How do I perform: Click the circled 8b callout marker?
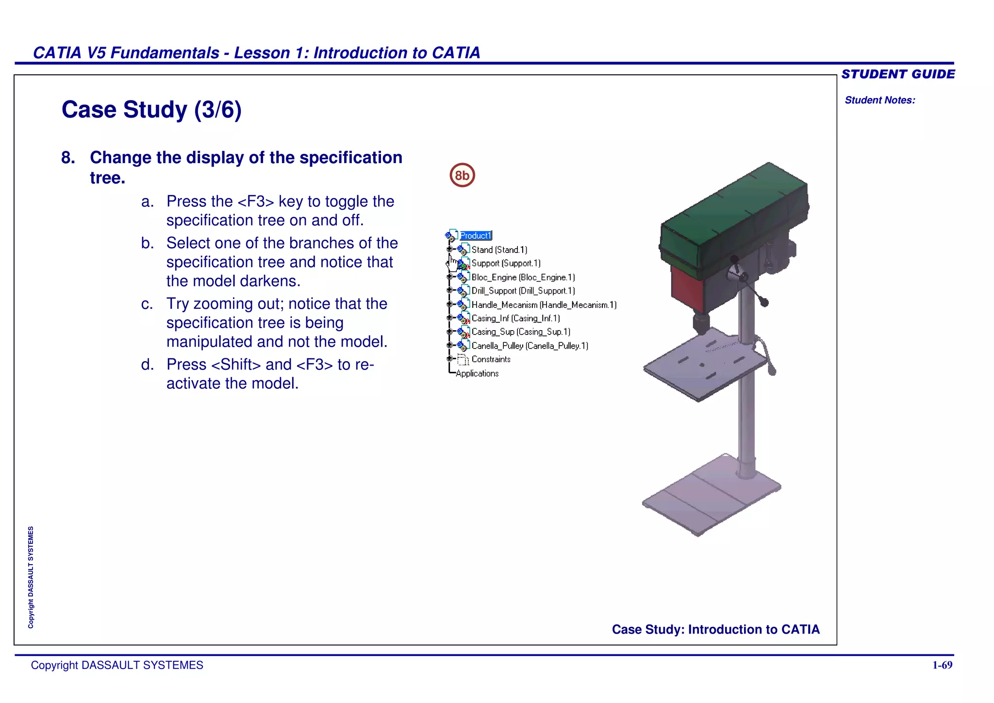462,175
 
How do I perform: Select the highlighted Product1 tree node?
476,235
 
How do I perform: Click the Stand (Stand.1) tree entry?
499,250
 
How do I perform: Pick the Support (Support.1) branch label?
506,263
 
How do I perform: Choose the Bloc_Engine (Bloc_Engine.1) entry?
523,277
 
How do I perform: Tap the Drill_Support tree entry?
523,291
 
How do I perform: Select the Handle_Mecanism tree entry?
544,305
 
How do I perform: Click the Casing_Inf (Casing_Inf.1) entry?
515,318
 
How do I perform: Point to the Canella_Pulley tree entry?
530,346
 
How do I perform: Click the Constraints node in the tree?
491,359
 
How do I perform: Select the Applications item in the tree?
477,373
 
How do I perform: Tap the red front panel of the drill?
686,289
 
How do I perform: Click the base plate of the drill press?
711,495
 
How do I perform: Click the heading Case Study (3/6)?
151,110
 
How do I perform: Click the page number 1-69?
942,665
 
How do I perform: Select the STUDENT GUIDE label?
898,74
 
